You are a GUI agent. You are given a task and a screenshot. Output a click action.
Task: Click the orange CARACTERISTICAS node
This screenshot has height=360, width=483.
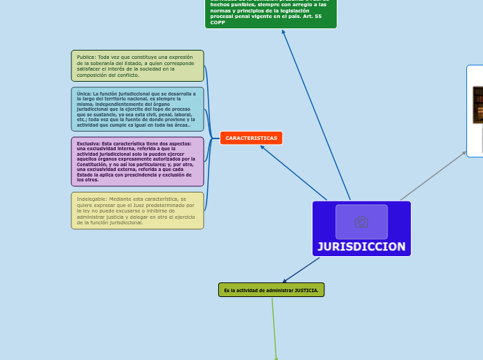coord(251,138)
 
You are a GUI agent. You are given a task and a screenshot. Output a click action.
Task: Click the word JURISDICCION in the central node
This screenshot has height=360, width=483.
coord(361,246)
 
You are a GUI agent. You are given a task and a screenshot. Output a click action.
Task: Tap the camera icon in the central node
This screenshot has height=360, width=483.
coord(361,222)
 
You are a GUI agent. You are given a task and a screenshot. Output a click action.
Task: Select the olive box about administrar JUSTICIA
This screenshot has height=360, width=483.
coord(271,290)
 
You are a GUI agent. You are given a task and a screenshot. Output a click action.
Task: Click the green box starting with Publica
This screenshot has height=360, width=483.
coord(137,66)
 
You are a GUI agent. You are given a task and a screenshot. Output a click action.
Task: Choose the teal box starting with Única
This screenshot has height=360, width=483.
coord(137,109)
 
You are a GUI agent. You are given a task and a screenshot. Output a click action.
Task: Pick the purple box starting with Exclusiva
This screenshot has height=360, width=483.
coord(137,161)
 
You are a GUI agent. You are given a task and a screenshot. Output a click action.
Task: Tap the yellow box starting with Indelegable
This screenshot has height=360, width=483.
coord(137,210)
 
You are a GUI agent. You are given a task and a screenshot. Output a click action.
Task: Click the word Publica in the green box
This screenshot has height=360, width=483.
coord(86,57)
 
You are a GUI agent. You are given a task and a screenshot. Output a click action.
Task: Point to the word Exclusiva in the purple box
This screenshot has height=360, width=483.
coord(89,143)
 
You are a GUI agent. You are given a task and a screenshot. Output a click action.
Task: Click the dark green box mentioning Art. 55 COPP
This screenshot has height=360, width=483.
coord(270,14)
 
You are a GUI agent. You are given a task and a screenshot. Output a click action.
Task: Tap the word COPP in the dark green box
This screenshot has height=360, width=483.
coord(218,23)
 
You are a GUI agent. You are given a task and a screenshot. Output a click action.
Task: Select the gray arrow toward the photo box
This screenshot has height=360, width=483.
coord(433,176)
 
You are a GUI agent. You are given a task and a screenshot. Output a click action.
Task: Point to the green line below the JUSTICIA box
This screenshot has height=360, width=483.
coord(274,329)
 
